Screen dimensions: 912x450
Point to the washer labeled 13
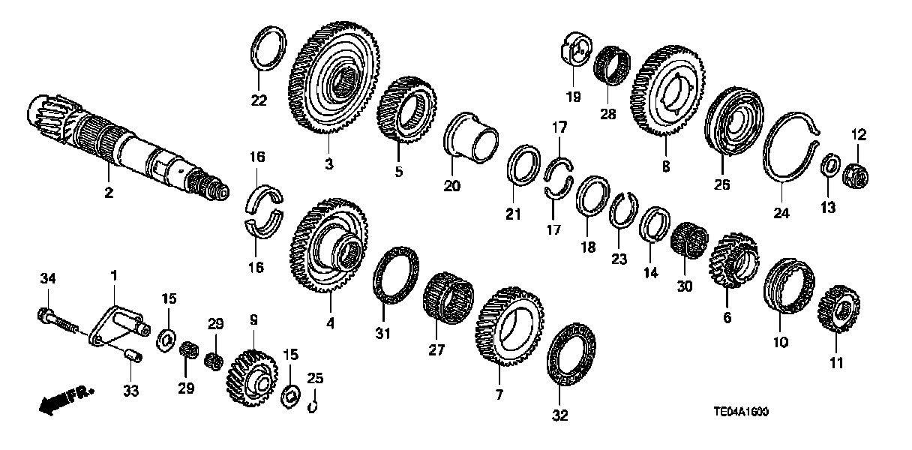pos(830,165)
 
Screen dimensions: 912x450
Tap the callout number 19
pos(572,96)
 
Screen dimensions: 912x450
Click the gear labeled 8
pos(669,90)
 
